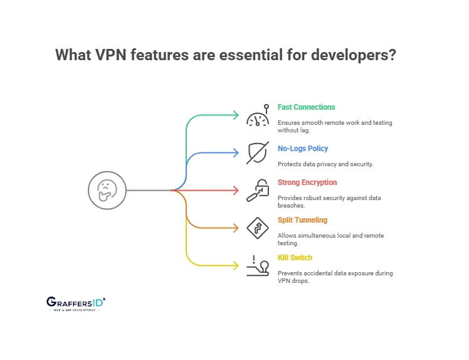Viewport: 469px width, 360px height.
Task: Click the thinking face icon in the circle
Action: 108,190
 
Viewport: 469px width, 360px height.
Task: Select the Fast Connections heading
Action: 306,107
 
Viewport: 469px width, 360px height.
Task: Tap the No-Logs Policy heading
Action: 303,149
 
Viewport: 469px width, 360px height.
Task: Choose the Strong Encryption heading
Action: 307,183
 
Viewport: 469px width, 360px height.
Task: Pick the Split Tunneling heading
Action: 302,220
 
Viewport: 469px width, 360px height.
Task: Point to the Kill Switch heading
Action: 295,258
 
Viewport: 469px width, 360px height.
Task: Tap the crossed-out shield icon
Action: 257,152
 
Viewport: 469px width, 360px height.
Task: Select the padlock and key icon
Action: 257,190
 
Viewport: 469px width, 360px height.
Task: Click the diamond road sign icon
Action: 257,228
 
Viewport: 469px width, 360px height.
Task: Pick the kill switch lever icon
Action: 257,266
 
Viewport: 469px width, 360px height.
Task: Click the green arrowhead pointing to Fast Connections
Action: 236,115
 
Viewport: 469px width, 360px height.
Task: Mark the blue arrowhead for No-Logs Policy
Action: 236,152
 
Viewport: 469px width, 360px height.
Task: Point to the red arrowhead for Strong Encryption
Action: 236,190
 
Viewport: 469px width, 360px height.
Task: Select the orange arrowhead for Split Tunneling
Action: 236,228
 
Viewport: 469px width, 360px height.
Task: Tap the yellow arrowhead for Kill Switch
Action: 236,265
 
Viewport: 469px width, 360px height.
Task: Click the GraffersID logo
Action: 76,304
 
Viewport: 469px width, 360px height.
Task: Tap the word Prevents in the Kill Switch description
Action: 291,273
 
